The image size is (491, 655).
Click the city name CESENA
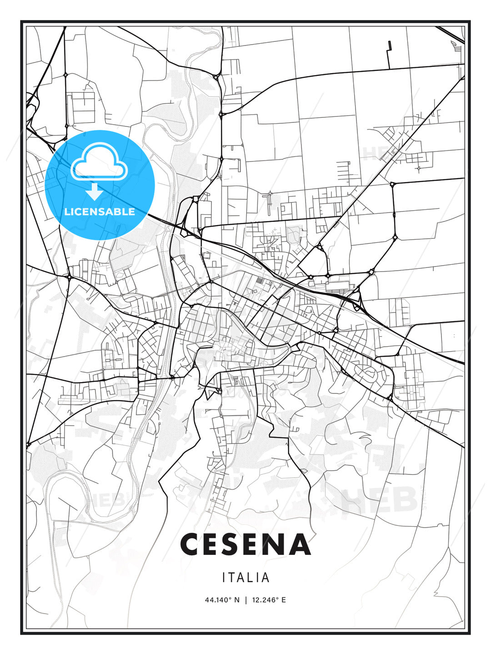(245, 544)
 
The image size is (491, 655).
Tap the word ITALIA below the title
(246, 578)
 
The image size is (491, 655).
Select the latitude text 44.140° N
(222, 600)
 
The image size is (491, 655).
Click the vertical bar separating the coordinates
(246, 600)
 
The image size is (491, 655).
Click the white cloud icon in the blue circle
(100, 162)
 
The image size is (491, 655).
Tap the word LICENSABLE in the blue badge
(100, 212)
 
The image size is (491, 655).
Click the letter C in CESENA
(191, 544)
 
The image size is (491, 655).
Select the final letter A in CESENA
(300, 544)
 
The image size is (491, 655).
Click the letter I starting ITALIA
(224, 578)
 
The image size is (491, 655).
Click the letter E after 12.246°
(284, 600)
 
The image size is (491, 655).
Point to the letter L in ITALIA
(251, 578)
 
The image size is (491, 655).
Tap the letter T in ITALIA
(231, 578)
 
